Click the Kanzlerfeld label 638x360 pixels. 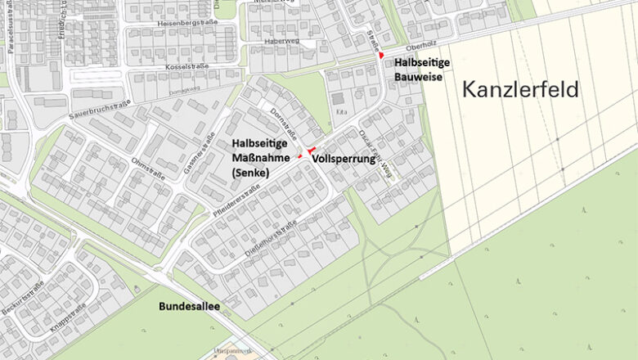520,89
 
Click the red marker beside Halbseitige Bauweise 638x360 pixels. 381,55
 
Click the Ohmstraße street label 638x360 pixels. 149,167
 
